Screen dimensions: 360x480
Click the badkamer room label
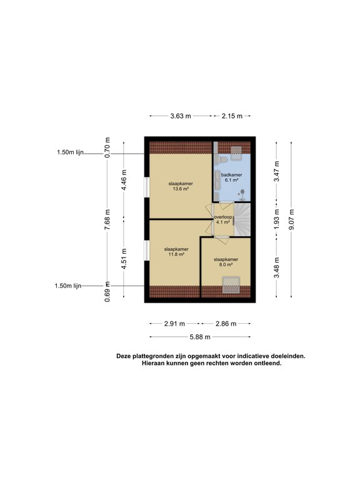coord(231,177)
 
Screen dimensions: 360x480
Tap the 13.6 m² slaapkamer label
coord(181,186)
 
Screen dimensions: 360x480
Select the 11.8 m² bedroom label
coord(176,252)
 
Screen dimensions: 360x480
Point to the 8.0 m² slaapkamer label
coord(226,262)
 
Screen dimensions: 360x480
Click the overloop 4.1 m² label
coord(223,219)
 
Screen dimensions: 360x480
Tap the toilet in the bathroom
coord(222,159)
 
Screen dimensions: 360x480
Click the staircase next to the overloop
coord(242,219)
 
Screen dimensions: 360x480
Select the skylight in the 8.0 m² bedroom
coord(231,285)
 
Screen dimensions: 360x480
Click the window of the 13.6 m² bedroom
coord(147,187)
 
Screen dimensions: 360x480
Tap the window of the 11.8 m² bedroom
coord(147,251)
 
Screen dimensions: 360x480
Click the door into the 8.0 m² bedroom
coord(221,240)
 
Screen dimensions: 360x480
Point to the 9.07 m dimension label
coord(291,219)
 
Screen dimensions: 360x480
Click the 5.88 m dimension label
coord(200,337)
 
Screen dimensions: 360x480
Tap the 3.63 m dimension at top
coord(181,116)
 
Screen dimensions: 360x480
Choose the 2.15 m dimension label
coord(232,116)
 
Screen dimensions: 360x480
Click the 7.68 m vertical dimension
coord(107,219)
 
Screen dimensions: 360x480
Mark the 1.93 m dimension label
coord(276,219)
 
